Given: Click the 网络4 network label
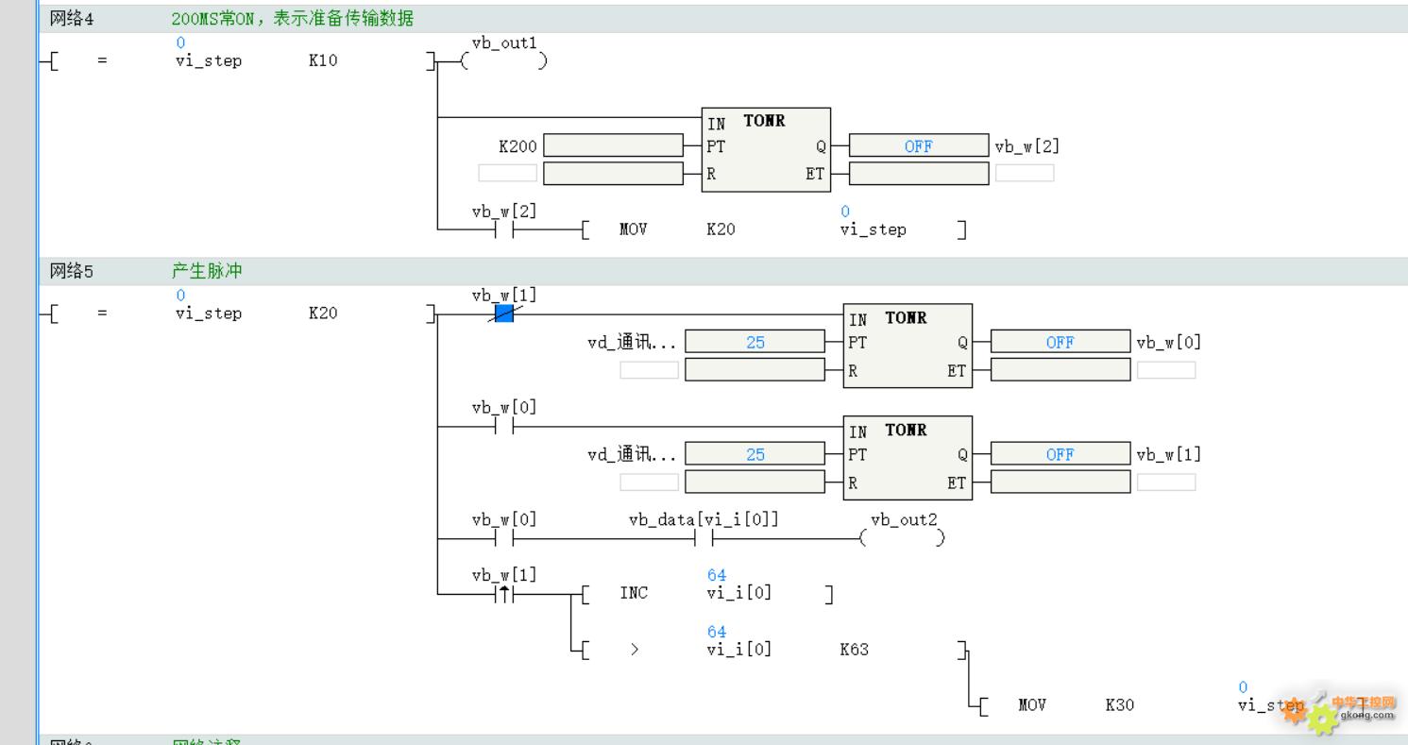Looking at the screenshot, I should click(x=72, y=19).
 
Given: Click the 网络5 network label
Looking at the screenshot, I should click(x=72, y=272).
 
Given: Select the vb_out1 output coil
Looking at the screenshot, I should click(x=503, y=61).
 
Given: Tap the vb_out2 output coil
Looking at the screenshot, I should click(x=902, y=538).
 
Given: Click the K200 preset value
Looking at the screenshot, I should click(x=517, y=146).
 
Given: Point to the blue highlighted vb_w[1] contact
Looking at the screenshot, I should click(x=503, y=313).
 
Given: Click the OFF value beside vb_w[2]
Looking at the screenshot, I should click(x=918, y=146).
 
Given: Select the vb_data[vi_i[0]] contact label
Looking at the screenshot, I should click(x=704, y=520).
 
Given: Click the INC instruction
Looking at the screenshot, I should click(x=634, y=593).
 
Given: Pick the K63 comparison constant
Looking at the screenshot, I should click(x=854, y=650).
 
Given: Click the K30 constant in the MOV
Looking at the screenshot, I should click(x=1119, y=704).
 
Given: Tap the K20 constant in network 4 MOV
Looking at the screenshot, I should click(x=721, y=229).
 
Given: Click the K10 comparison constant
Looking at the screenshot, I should click(x=323, y=61).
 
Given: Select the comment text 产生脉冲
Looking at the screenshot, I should click(x=207, y=271).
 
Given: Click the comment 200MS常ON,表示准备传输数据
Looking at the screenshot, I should click(x=293, y=19).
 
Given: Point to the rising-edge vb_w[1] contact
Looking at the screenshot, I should click(x=503, y=594).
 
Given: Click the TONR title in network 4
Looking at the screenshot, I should click(x=764, y=121).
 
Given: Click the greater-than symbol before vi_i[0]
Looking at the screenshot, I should click(x=634, y=650).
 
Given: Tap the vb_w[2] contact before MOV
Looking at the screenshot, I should click(x=503, y=229).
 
